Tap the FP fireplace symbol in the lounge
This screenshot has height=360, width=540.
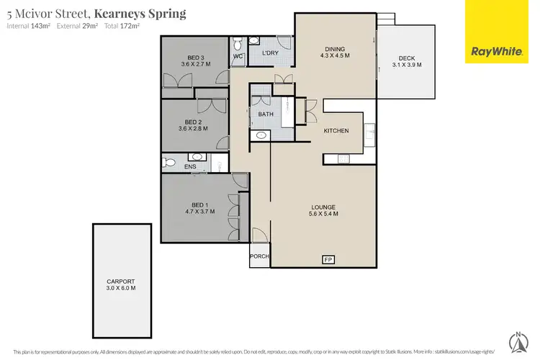pyautogui.click(x=328, y=259)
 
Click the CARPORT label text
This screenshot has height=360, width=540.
pyautogui.click(x=122, y=282)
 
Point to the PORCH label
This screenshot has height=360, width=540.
pyautogui.click(x=259, y=256)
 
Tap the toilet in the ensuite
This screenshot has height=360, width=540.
pyautogui.click(x=169, y=163)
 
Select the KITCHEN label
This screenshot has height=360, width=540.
pyautogui.click(x=336, y=131)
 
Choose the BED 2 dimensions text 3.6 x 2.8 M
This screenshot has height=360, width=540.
pyautogui.click(x=193, y=129)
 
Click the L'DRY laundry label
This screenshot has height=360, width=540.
pyautogui.click(x=271, y=53)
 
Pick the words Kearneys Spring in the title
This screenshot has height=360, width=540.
pyautogui.click(x=140, y=13)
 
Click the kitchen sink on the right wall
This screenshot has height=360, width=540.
pyautogui.click(x=370, y=132)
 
